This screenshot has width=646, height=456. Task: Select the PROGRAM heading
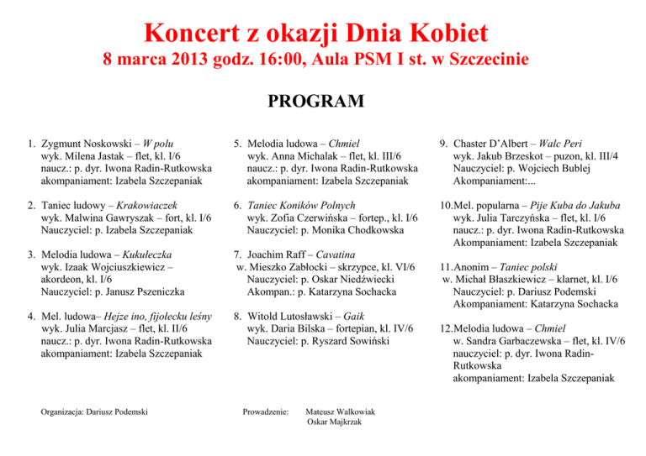(315, 102)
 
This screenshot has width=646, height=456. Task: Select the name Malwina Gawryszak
(104, 218)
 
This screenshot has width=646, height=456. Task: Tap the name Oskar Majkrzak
(335, 422)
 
